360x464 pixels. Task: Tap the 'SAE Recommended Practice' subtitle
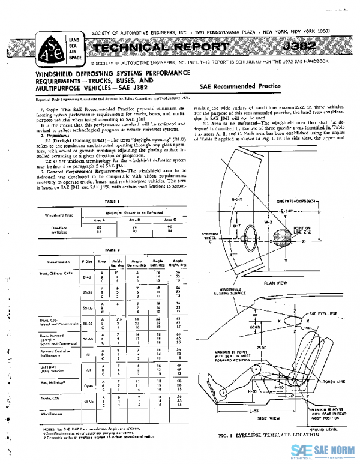pos(240,86)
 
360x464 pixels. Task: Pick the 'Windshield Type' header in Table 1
pos(57,214)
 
